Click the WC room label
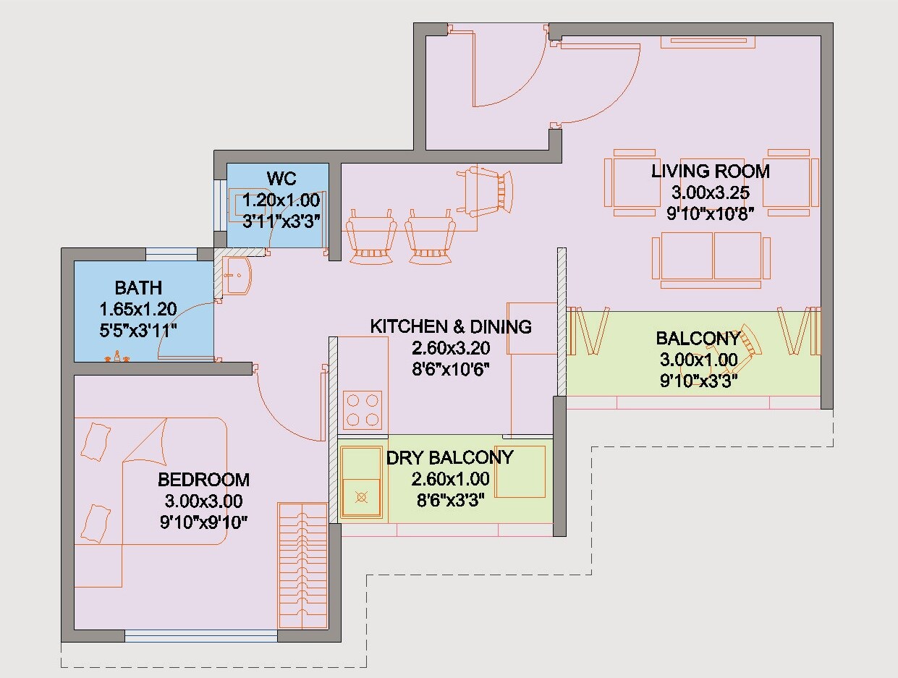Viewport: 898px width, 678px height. pyautogui.click(x=281, y=179)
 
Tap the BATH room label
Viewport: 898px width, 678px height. pyautogui.click(x=138, y=288)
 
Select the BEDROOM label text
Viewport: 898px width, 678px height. pyautogui.click(x=204, y=480)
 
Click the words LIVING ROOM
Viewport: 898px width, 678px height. pyautogui.click(x=710, y=171)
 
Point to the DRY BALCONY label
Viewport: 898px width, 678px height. pyautogui.click(x=449, y=457)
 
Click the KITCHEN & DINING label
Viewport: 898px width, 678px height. pyautogui.click(x=451, y=326)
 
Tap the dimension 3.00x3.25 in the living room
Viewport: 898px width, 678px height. pyautogui.click(x=711, y=192)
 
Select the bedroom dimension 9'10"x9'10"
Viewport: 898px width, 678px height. pyautogui.click(x=204, y=522)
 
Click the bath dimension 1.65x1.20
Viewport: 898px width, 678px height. pyautogui.click(x=138, y=309)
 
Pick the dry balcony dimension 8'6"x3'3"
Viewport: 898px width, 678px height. pyautogui.click(x=450, y=500)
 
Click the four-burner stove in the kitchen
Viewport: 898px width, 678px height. pyautogui.click(x=363, y=410)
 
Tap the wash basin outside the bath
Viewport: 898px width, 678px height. pyautogui.click(x=237, y=276)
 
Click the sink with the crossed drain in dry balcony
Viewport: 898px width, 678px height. pyautogui.click(x=362, y=498)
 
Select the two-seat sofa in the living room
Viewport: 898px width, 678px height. pyautogui.click(x=711, y=260)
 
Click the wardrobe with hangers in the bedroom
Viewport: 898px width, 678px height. pyautogui.click(x=302, y=565)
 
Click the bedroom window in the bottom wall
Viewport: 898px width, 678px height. pyautogui.click(x=201, y=635)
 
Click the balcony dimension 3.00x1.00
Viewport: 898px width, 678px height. pyautogui.click(x=699, y=360)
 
